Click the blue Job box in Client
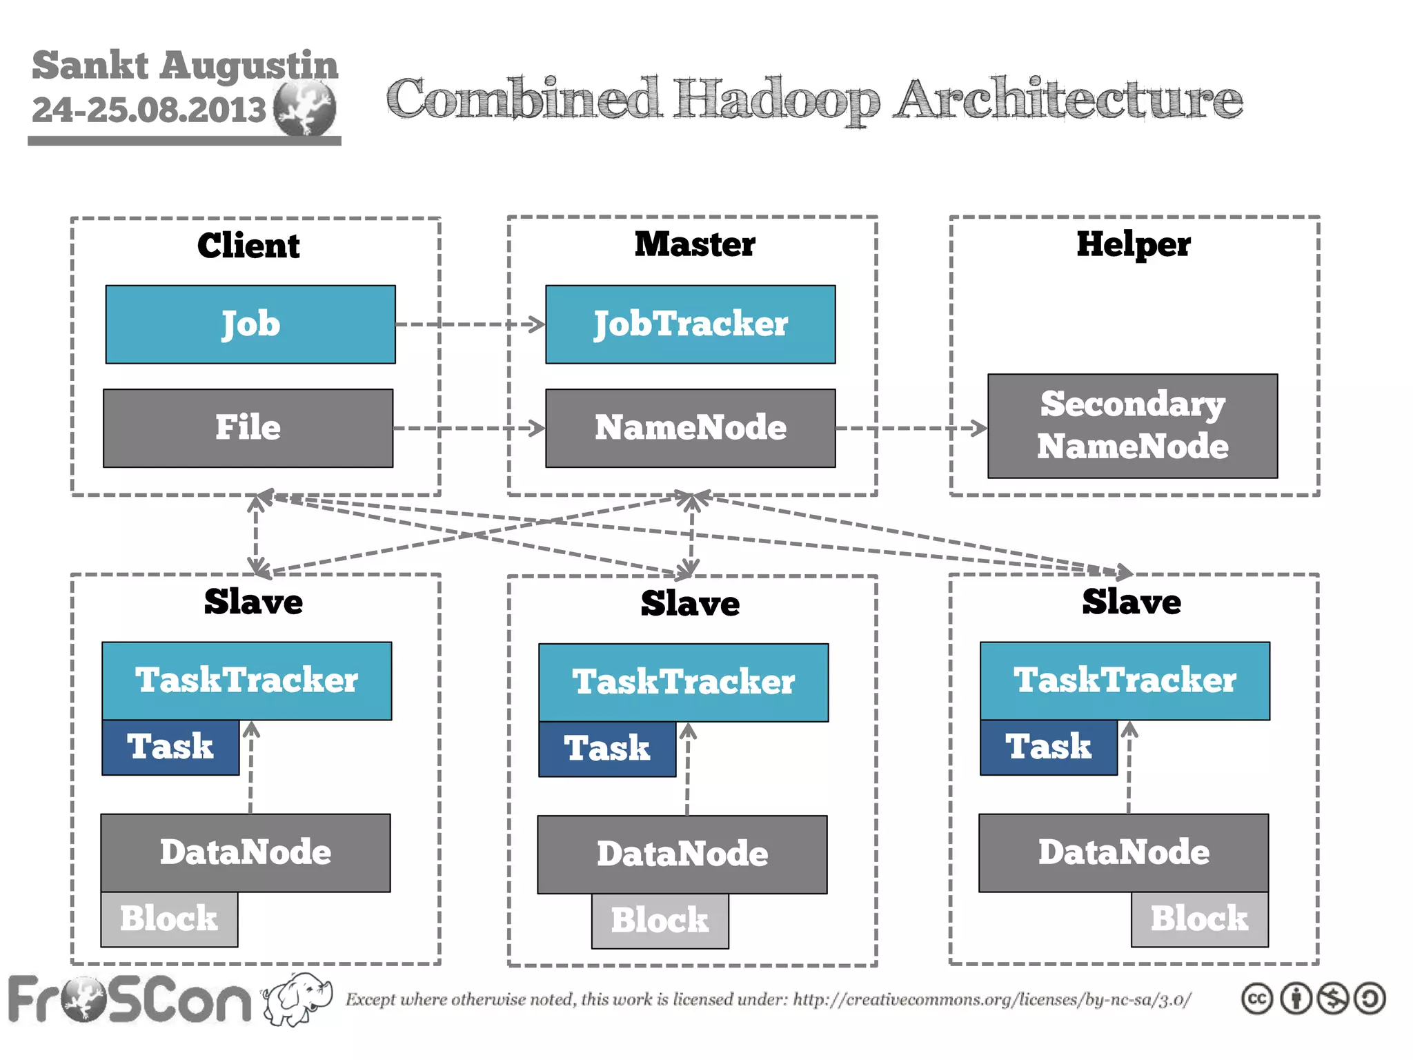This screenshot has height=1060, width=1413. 250,324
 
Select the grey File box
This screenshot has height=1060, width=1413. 248,428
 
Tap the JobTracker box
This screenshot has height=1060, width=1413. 690,324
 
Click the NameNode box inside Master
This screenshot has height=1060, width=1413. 690,428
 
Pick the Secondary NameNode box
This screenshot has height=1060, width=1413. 1132,426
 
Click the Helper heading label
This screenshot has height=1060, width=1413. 1134,244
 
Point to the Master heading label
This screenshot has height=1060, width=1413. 695,244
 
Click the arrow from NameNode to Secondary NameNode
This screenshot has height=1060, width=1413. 911,428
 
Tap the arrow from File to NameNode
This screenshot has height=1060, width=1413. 469,428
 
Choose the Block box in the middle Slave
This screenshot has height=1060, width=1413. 660,921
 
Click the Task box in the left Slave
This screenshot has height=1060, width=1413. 170,747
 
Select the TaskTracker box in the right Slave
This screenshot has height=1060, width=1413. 1125,680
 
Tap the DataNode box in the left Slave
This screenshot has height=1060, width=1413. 246,853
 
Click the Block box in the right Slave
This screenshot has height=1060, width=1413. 1199,919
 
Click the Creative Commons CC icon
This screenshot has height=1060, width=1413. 1256,999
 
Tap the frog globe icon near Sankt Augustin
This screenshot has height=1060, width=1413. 304,108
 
